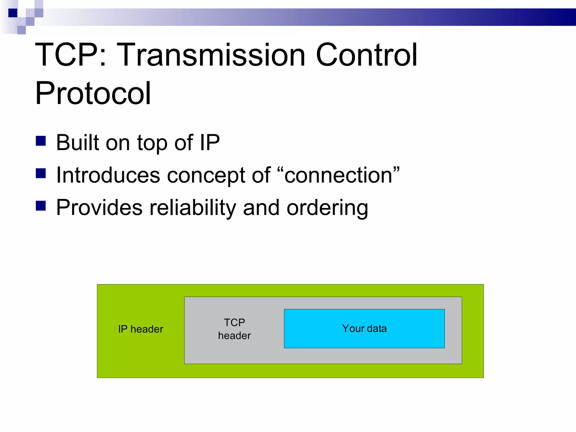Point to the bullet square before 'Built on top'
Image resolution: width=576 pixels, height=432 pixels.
[41, 141]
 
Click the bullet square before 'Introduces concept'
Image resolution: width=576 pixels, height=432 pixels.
[41, 173]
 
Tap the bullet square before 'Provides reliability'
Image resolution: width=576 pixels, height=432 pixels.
[41, 206]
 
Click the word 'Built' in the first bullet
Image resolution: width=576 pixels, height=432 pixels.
[78, 143]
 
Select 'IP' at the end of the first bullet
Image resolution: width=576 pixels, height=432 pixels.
[210, 143]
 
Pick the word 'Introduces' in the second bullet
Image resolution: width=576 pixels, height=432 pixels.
[108, 175]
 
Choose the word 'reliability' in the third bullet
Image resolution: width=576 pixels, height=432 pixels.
[193, 208]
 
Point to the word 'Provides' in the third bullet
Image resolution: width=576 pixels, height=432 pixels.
[99, 208]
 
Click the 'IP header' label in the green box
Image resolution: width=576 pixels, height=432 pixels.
[141, 329]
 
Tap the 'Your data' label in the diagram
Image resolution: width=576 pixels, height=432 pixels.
[364, 328]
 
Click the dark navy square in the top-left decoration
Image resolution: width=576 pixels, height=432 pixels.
[13, 13]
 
